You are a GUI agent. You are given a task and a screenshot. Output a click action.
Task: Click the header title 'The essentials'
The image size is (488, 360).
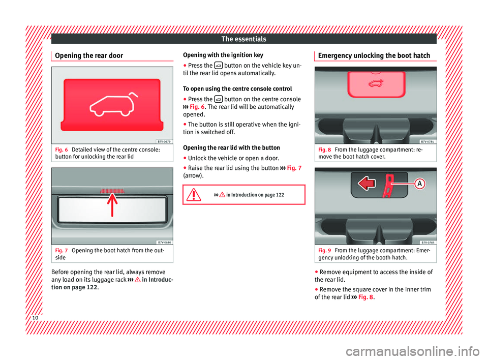click(243, 39)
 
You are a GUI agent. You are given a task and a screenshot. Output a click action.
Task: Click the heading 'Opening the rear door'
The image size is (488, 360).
click(89, 55)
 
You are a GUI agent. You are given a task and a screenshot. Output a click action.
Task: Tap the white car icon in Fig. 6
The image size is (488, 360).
click(114, 104)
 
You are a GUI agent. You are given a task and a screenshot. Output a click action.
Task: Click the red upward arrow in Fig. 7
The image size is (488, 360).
click(112, 204)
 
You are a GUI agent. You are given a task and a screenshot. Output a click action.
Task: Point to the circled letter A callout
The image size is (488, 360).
click(419, 184)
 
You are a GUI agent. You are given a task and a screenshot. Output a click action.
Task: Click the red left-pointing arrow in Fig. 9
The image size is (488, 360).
click(367, 183)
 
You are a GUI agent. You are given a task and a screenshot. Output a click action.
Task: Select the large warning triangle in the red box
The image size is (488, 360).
click(194, 195)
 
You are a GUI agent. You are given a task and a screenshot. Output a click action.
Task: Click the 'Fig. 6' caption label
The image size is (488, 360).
click(62, 150)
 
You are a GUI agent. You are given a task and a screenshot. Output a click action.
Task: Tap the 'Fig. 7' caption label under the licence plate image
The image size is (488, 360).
click(62, 250)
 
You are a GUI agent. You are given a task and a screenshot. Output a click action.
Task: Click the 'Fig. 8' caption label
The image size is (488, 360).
click(325, 150)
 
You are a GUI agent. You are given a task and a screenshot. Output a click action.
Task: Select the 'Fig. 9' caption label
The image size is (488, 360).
click(325, 250)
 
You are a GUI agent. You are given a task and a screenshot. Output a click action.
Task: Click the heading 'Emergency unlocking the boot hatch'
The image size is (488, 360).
click(374, 55)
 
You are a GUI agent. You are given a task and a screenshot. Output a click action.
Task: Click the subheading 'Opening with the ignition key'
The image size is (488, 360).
click(223, 55)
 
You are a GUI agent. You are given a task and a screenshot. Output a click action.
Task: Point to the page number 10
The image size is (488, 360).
click(35, 318)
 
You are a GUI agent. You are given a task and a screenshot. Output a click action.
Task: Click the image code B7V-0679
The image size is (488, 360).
click(164, 142)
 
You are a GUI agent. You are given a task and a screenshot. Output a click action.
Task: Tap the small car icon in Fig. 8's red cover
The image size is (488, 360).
click(376, 83)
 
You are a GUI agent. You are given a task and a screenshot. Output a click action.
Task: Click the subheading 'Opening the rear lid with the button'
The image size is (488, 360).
click(231, 147)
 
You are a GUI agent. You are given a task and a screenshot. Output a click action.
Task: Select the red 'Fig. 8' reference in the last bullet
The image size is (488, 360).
click(365, 297)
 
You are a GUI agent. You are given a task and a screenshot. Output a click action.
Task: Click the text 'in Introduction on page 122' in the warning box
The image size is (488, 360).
click(255, 195)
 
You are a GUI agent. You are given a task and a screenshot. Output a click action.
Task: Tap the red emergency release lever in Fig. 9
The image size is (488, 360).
click(388, 186)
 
